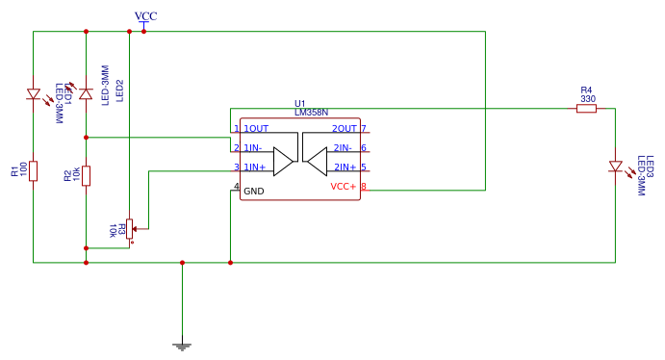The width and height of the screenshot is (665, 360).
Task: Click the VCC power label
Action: coord(146,16)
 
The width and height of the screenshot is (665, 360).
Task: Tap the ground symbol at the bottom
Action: coord(182,344)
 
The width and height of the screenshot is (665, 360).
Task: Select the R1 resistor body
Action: coord(34,171)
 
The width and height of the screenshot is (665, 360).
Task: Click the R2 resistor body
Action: coord(86,175)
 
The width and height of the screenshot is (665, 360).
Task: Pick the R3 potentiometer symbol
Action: coord(130,227)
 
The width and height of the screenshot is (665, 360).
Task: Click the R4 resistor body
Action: coord(586,109)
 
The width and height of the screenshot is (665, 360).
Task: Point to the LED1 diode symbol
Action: coord(34,94)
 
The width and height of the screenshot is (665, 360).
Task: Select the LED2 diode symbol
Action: coord(86,93)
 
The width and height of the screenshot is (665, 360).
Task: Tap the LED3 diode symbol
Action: coord(615,167)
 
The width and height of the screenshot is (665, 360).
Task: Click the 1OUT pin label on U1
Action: coord(256,128)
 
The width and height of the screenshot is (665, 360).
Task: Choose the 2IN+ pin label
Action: coord(345,167)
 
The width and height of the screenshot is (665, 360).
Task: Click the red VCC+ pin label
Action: coord(343,187)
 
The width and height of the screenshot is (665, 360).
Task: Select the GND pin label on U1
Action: coord(253,191)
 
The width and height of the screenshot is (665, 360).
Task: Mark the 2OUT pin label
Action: coord(344,128)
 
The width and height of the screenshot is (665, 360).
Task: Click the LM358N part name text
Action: coord(312,113)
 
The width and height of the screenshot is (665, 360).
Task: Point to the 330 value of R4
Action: coord(587,98)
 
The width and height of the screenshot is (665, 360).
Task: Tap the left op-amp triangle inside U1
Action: coord(282,161)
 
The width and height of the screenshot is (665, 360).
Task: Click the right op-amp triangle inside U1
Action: coord(319,161)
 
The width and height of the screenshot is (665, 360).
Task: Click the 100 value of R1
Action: coord(22,171)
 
